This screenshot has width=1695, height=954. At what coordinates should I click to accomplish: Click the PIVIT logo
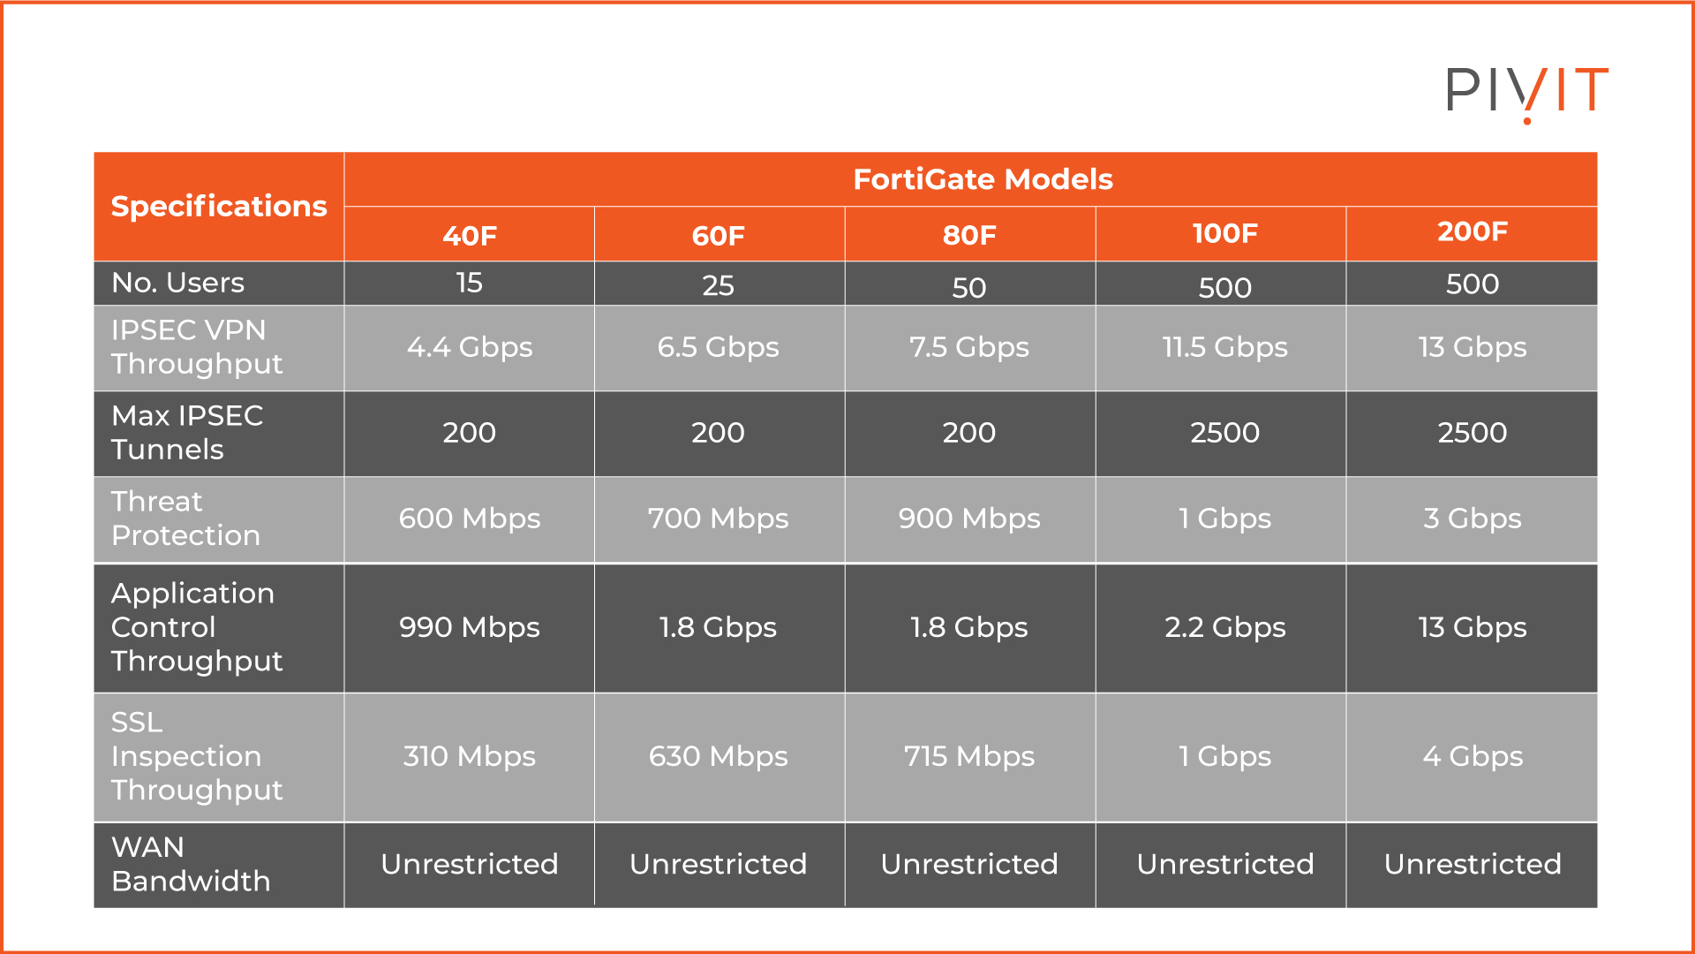pos(1526,92)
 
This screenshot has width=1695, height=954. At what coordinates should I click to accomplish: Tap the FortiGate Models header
pos(982,179)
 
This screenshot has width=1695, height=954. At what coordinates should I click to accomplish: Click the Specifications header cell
pos(218,206)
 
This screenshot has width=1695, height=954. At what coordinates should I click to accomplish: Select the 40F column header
pos(469,235)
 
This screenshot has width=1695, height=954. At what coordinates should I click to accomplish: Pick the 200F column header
pos(1472,231)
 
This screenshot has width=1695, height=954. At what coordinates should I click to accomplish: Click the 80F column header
pos(968,235)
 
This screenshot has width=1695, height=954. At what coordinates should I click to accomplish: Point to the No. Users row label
pos(178,283)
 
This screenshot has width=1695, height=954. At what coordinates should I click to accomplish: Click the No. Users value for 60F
pos(718,285)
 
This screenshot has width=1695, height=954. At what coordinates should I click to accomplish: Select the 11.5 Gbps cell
pos(1224,347)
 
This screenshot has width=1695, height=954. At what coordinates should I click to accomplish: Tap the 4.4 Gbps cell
pos(469,347)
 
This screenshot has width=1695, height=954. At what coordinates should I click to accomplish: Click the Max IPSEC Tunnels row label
pos(187,432)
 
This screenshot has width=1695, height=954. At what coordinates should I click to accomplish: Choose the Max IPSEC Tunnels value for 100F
pos(1224,432)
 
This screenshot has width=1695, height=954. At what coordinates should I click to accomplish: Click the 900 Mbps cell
pos(968,519)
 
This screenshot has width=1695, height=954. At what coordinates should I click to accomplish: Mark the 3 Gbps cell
pos(1472,519)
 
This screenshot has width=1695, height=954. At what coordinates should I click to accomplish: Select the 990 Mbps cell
pos(469,627)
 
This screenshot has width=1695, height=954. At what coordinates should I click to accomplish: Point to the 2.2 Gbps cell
pos(1224,627)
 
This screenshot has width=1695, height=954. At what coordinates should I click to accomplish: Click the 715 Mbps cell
pos(968,756)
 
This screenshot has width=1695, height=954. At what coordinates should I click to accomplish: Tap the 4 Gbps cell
pos(1472,756)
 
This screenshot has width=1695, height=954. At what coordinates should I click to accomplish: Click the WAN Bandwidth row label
pos(191,864)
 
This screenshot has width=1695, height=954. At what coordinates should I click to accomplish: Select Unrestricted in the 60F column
pos(718,864)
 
